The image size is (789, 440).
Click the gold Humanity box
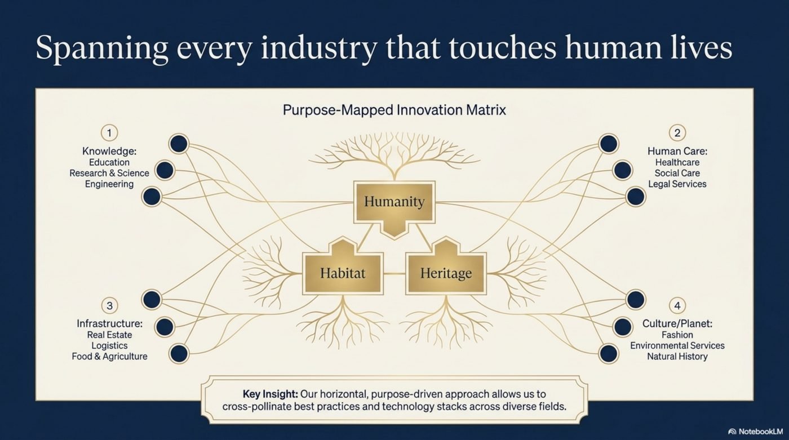394,202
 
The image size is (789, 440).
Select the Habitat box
343,274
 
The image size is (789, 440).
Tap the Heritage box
446,274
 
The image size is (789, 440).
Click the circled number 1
109,133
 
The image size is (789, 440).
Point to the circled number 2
677,133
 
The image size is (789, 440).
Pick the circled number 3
109,306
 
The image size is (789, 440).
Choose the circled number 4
677,306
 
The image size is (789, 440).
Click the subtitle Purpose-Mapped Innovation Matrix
394,110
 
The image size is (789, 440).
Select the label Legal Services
677,184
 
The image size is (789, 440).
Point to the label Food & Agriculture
109,356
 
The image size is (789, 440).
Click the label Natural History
677,356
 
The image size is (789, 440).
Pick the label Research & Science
109,173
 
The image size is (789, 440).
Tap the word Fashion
677,335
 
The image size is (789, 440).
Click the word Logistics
109,345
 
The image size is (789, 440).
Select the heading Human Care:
677,151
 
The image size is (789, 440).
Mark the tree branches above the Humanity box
394,152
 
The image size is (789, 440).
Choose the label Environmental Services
677,345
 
